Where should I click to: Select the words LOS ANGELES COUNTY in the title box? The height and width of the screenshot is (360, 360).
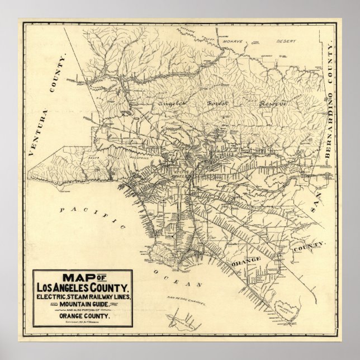(x=83, y=288)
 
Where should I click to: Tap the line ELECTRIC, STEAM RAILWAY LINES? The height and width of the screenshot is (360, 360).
(x=83, y=296)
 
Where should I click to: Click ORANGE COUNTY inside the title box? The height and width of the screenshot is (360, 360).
(x=82, y=315)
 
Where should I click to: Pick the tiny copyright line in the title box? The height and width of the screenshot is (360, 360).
(x=82, y=322)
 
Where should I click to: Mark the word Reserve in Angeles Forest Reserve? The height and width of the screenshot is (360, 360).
(x=272, y=104)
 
